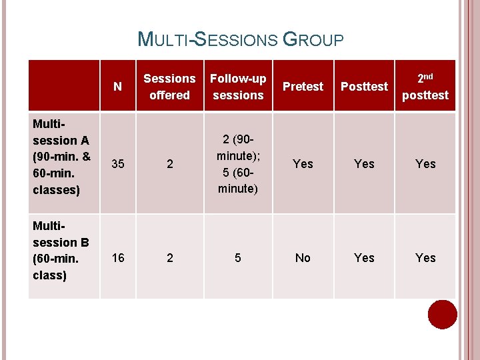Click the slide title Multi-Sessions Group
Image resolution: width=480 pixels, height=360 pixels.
click(x=240, y=39)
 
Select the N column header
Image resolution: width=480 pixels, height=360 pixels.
click(x=118, y=87)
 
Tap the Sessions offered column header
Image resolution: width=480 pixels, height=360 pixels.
click(x=169, y=87)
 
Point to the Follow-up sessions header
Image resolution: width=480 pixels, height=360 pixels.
click(x=238, y=87)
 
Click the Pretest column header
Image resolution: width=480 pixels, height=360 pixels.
click(x=303, y=87)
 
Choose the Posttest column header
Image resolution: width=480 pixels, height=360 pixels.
click(x=364, y=87)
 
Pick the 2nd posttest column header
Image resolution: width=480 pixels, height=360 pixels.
click(x=425, y=87)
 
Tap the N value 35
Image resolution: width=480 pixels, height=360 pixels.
click(x=118, y=164)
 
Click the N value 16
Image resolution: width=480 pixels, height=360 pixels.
click(x=118, y=258)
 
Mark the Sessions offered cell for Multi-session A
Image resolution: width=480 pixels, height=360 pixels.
click(x=169, y=164)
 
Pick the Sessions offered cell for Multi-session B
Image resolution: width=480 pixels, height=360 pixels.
click(x=169, y=258)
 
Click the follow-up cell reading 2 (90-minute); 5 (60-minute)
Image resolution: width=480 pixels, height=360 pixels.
click(x=238, y=164)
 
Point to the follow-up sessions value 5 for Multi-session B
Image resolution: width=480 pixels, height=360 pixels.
click(x=238, y=258)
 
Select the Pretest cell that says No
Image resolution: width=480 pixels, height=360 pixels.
click(x=303, y=258)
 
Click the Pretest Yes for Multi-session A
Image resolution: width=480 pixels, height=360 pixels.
click(x=303, y=164)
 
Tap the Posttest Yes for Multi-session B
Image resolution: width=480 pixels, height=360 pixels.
click(x=364, y=258)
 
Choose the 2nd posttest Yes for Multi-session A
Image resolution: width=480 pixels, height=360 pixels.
click(x=425, y=164)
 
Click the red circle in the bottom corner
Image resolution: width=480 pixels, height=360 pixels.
click(x=442, y=315)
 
